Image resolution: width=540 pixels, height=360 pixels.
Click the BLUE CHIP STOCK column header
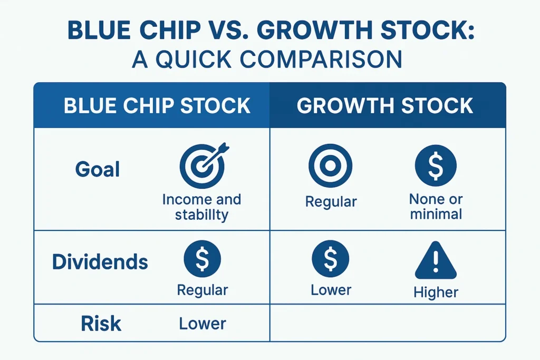tap(157, 106)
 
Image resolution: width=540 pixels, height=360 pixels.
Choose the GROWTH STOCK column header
tap(385, 106)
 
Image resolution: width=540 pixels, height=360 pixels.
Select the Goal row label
tap(98, 170)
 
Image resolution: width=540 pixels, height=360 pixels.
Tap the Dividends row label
tap(100, 261)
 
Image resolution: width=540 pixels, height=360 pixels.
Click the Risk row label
tap(101, 324)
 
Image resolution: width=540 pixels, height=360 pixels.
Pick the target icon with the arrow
tap(202, 164)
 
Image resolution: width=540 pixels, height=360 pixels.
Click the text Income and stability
tap(201, 207)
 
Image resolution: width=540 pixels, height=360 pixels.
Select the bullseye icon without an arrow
tap(331, 166)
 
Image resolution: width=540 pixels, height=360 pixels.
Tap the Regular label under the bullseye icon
tap(331, 201)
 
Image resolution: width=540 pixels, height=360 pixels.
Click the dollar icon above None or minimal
tap(436, 166)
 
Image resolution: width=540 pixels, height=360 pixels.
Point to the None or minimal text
tap(436, 207)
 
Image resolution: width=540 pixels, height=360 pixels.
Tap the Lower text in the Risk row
tap(202, 324)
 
